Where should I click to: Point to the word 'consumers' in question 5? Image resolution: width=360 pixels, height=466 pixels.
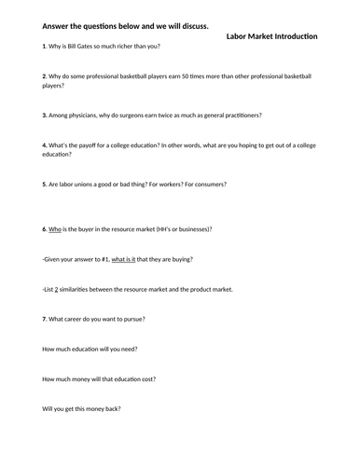247,185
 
